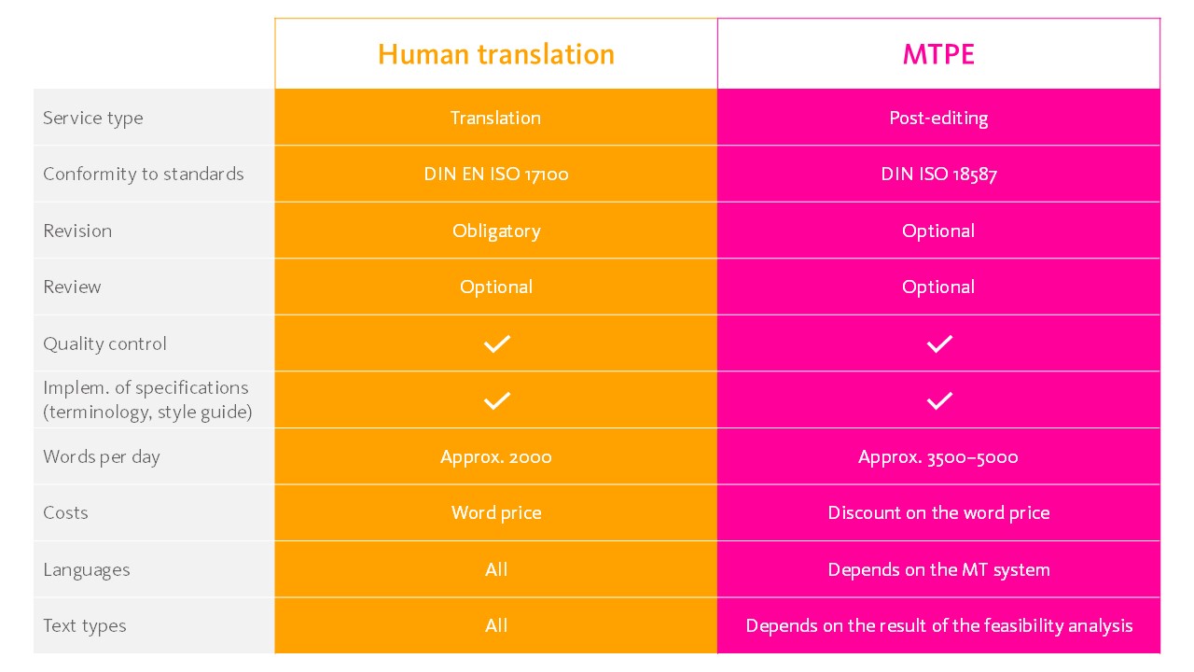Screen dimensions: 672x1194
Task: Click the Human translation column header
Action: click(496, 54)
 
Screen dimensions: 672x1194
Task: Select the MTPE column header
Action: click(938, 54)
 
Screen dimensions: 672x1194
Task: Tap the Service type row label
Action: click(93, 118)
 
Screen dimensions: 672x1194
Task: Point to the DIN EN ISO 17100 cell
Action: click(496, 174)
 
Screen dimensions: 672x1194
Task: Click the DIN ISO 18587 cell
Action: click(938, 174)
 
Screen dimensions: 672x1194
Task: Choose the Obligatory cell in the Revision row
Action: click(496, 231)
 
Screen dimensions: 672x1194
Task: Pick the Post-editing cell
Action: click(938, 118)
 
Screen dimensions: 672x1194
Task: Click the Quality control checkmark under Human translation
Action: click(497, 343)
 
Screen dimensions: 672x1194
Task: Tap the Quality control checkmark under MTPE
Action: click(939, 343)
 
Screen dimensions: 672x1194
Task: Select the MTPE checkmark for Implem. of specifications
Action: click(939, 400)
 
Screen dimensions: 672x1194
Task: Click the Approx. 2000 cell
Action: click(496, 456)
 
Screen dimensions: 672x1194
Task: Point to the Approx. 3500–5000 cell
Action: click(938, 456)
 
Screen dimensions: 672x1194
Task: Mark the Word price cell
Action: click(496, 512)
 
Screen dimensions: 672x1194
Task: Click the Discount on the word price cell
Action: click(938, 512)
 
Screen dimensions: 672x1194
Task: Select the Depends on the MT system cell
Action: click(938, 569)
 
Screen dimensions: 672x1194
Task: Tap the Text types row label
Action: click(85, 625)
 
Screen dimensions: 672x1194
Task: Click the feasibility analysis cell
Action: click(938, 625)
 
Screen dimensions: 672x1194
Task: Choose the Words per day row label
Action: click(102, 456)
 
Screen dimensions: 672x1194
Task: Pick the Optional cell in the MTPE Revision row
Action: click(938, 231)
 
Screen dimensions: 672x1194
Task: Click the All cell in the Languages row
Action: click(496, 569)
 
